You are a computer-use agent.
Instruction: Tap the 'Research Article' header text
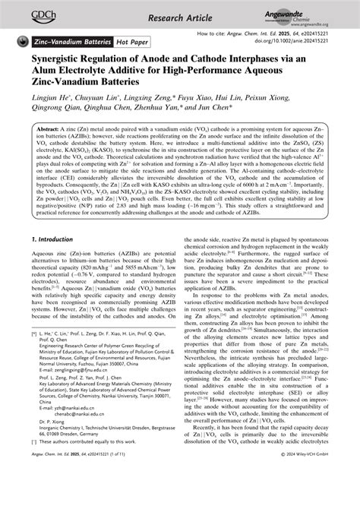(180, 15)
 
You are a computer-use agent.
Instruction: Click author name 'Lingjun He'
(47, 112)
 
